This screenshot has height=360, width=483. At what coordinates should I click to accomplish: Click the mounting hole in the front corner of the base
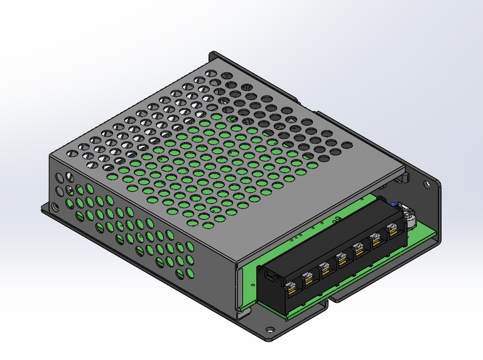tap(269, 328)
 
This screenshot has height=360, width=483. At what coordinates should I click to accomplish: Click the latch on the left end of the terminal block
tap(266, 275)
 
